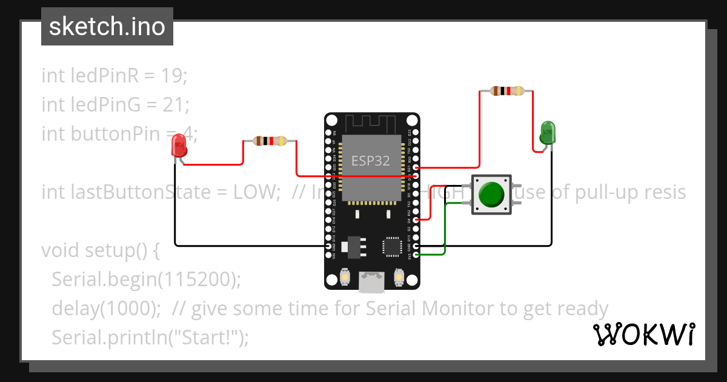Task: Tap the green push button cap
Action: point(491,194)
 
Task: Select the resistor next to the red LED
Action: point(270,141)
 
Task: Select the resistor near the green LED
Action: point(506,92)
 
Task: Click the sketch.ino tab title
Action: point(107,27)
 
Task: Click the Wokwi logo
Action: point(643,334)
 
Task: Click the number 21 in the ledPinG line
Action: point(176,104)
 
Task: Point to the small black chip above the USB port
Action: point(391,246)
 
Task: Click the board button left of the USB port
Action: point(344,277)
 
